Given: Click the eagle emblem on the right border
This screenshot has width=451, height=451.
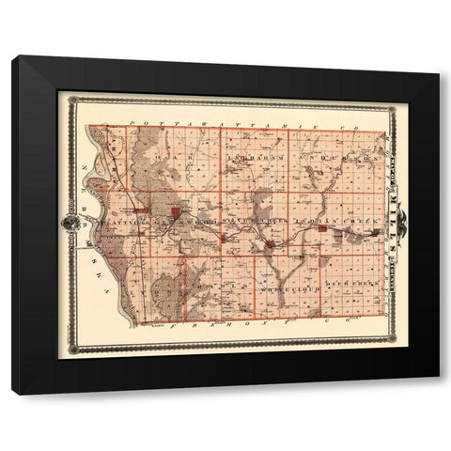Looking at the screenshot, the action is point(401,225).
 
